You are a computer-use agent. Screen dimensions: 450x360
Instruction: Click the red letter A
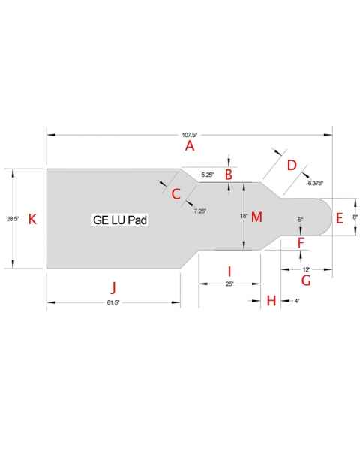[x=190, y=146]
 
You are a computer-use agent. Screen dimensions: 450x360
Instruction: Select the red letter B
[x=229, y=175]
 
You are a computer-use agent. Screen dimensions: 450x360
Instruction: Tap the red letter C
[x=176, y=194]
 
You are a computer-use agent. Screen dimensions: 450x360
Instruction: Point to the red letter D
[x=292, y=165]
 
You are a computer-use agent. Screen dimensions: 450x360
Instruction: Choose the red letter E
[x=339, y=218]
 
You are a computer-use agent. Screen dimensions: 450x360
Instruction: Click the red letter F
[x=301, y=242]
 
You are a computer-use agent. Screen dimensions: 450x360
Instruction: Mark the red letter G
[x=305, y=280]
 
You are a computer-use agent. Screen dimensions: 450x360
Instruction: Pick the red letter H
[x=271, y=300]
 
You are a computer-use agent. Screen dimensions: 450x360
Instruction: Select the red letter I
[x=229, y=270]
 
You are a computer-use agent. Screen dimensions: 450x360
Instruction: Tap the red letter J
[x=113, y=287]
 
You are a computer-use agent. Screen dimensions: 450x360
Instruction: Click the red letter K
[x=31, y=218]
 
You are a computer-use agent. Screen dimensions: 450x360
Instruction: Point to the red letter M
[x=256, y=217]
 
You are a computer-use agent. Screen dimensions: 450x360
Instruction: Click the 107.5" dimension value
[x=190, y=135]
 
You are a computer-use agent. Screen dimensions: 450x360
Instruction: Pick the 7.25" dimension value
[x=199, y=211]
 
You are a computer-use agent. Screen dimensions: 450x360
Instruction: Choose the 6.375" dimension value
[x=316, y=182]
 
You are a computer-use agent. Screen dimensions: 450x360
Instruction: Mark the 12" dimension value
[x=306, y=268]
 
